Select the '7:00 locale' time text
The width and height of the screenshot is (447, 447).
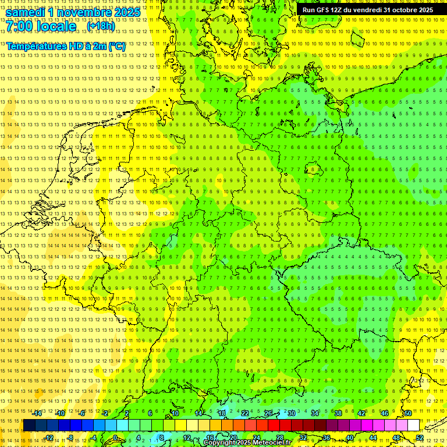41,27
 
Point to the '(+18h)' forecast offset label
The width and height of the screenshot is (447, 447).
101,26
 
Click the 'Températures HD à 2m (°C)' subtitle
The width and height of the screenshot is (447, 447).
66,46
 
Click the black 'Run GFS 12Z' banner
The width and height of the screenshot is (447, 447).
368,10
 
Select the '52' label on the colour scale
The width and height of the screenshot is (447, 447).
420,438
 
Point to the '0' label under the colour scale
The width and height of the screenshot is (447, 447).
115,438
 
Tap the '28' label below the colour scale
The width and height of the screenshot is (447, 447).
279,438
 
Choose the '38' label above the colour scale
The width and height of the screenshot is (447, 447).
338,413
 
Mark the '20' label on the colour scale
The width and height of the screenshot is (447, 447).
233,438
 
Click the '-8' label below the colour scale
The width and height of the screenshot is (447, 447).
70,438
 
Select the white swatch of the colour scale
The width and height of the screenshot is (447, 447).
413,425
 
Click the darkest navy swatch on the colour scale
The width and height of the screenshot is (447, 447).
29,425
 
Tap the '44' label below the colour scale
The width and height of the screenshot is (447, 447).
373,438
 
